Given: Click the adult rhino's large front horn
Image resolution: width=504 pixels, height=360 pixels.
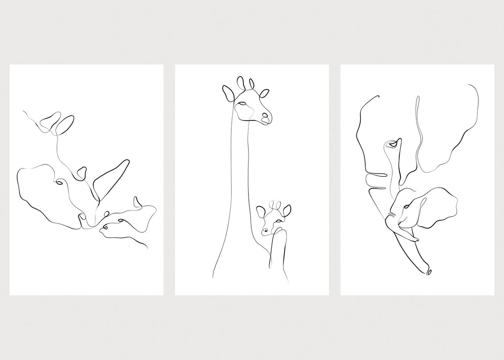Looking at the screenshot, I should click(111, 177).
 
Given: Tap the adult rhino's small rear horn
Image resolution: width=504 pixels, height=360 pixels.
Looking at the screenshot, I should click(81, 173).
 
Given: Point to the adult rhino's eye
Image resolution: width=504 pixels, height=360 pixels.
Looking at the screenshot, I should click(59, 181).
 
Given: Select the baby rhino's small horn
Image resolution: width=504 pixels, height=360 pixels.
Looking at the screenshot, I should click(137, 202).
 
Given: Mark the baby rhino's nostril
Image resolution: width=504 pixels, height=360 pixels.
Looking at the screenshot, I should click(104, 228).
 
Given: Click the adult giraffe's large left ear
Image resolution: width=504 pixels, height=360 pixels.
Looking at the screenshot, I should click(228, 93).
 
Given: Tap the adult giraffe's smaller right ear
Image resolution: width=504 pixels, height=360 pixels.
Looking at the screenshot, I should click(264, 93).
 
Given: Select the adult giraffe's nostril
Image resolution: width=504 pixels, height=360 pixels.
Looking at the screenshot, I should click(265, 116).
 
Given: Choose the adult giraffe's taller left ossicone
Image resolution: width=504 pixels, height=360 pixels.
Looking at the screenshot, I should click(241, 83).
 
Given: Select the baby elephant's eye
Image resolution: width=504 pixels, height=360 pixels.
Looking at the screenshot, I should click(405, 208).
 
